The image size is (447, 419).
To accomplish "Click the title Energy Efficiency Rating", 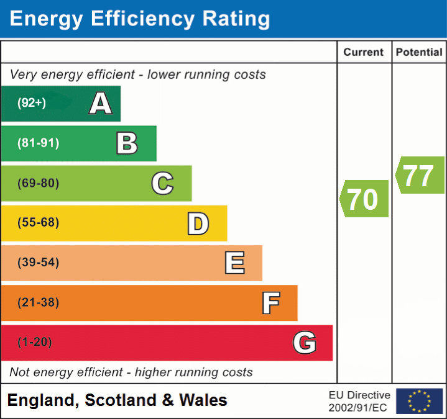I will coord(140,19).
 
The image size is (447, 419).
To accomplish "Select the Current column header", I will coord(364,53).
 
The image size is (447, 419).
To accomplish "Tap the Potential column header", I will coord(419,53).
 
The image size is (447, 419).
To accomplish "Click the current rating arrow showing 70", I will coord(365,199).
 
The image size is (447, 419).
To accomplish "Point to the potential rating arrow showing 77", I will coord(420,176).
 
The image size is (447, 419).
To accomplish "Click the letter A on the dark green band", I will coord(100,104).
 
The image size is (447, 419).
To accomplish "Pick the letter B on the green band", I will coord(127,143).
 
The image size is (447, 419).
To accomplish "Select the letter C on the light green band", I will coord(162,183).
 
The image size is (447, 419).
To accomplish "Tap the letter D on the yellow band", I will coord(198,223).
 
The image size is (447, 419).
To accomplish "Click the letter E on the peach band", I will coord(234,263).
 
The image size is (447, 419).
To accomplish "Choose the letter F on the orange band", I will coord(270,303).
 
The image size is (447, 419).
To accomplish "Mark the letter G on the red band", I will coord(305,343).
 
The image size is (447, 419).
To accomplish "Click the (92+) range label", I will coord(32,104).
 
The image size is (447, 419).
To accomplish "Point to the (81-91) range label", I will coord(38,143).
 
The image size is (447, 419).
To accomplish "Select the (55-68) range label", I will coord(38,223).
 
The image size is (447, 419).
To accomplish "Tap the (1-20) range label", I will coord(35,343).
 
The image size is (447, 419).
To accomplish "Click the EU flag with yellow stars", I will coord(420,401).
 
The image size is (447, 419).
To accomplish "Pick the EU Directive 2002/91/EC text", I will coord(359,401).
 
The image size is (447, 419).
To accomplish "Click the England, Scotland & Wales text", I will coord(118,400).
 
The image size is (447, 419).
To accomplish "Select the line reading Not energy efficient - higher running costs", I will coord(131,372).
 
